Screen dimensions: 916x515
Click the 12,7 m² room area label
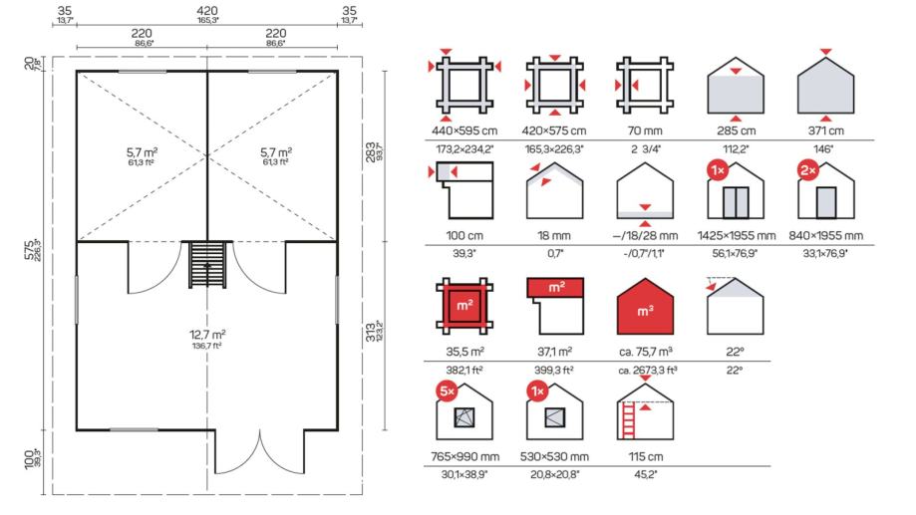pos(207,335)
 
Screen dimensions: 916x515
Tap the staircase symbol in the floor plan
pos(207,265)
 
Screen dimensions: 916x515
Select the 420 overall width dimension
pos(207,11)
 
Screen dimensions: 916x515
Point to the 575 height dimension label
pos(29,249)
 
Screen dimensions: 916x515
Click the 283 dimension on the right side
pos(371,152)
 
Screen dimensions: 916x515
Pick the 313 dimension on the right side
pos(371,333)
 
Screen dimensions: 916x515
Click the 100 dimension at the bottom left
pos(29,458)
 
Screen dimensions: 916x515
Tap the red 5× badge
pos(447,391)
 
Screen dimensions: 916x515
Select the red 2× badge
pos(808,170)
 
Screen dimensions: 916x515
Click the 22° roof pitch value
pos(735,352)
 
